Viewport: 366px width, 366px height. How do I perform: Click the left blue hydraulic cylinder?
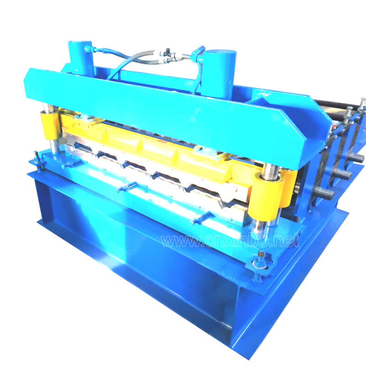(x=81, y=59)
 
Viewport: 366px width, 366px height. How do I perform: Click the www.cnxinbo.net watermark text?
(x=230, y=241)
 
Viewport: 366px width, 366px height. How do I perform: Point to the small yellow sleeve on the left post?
(x=50, y=125)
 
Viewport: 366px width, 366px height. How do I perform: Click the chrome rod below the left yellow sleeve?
(x=54, y=145)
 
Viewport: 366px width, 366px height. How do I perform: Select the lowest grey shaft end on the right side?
(x=324, y=193)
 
